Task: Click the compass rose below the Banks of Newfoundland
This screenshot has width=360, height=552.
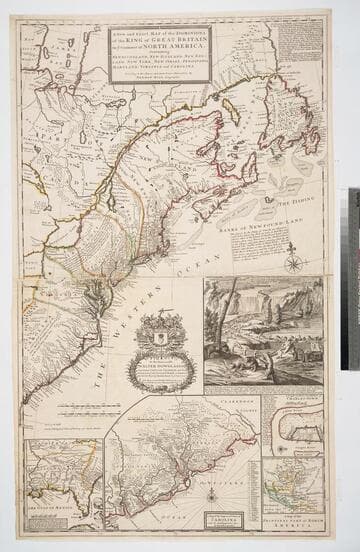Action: pyautogui.click(x=294, y=263)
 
